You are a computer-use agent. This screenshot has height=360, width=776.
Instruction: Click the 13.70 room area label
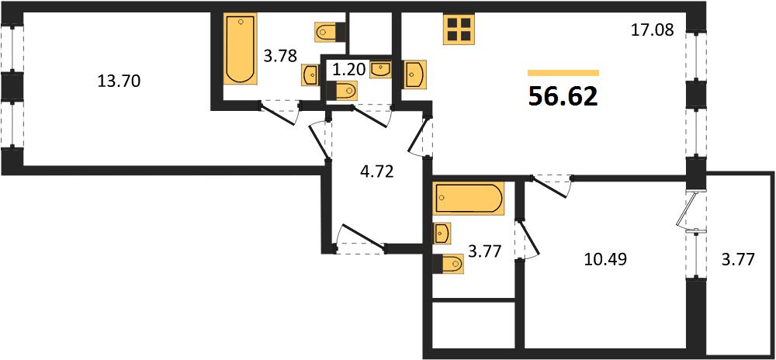[x=120, y=81]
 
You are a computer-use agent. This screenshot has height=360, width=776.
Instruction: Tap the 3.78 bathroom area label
[x=280, y=56]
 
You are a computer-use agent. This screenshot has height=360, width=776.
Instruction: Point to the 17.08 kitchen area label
[x=653, y=31]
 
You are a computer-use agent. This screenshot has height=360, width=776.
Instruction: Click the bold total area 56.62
[x=563, y=96]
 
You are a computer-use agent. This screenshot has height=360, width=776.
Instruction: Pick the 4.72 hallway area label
[x=376, y=173]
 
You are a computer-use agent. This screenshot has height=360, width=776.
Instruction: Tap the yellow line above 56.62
[x=563, y=73]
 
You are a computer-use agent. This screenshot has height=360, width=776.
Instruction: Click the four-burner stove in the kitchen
[x=459, y=29]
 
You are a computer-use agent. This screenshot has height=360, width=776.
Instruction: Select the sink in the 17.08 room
[x=414, y=74]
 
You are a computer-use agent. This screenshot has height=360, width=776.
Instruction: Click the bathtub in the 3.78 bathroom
[x=241, y=48]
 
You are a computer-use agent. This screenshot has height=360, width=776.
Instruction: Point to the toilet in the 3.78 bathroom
[x=330, y=32]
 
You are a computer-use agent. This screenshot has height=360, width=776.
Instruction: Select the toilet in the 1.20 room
[x=345, y=91]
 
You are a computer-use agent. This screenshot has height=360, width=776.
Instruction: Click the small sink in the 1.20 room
[x=380, y=69]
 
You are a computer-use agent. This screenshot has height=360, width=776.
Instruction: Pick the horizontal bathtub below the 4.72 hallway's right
[x=468, y=199]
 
